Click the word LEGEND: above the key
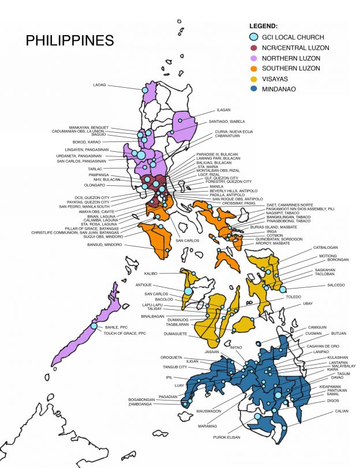point(263,26)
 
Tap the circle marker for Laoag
point(145,90)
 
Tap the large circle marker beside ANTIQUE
point(188,291)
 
